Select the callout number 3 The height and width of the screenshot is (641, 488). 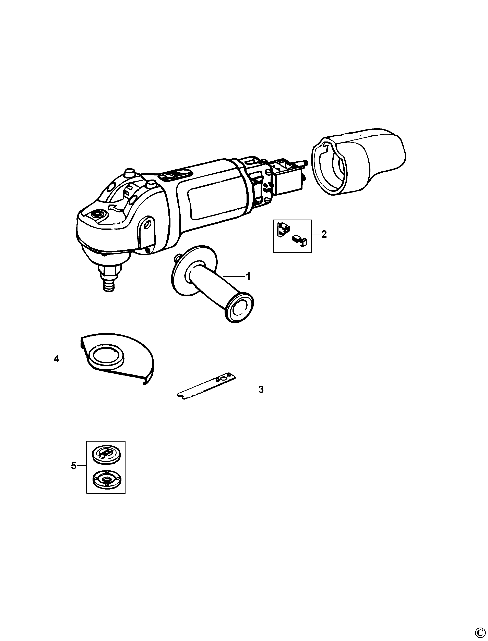coord(261,390)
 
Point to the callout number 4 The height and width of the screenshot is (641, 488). coord(56,359)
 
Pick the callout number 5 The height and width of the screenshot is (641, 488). coord(74,466)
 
